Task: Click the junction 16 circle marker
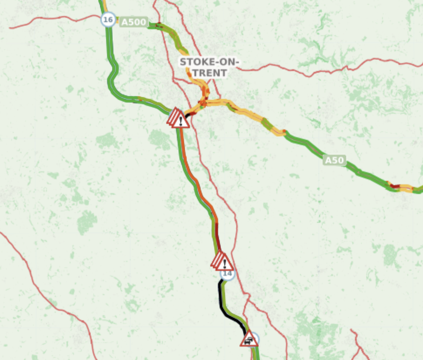tap(108, 19)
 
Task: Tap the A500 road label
tap(133, 22)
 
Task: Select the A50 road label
tap(335, 161)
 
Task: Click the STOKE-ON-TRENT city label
tap(209, 67)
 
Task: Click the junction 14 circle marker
tap(227, 274)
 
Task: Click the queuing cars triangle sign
tap(249, 340)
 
